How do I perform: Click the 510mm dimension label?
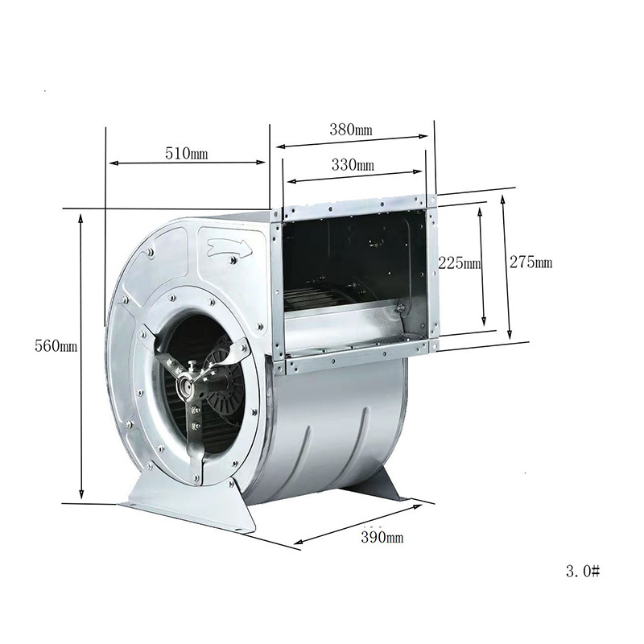coord(187,154)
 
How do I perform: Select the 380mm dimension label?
coord(351,130)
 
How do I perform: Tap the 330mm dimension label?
coord(353,165)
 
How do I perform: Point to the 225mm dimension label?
coord(459,262)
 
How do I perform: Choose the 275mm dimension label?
coord(530,262)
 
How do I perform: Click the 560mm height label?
coord(56,346)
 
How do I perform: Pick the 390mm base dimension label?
coord(382,537)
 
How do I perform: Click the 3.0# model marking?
coord(583,571)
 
